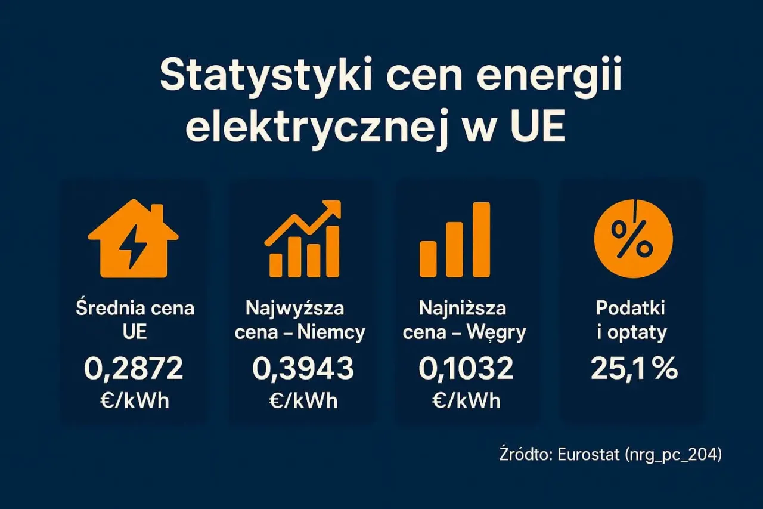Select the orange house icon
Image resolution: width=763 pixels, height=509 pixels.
pyautogui.click(x=133, y=241)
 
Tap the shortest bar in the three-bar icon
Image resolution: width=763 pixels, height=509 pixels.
pyautogui.click(x=428, y=258)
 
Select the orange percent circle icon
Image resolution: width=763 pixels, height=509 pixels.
pyautogui.click(x=633, y=239)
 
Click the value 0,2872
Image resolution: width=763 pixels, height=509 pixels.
pyautogui.click(x=134, y=369)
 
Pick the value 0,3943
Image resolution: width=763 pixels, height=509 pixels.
pyautogui.click(x=303, y=369)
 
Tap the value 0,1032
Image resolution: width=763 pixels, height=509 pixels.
pyautogui.click(x=466, y=369)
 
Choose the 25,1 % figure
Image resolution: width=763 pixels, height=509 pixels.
pyautogui.click(x=634, y=369)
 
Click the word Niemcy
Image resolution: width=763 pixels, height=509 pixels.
pyautogui.click(x=335, y=332)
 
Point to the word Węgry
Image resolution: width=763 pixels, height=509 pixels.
pyautogui.click(x=498, y=333)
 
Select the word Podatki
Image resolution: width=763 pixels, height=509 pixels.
pyautogui.click(x=630, y=309)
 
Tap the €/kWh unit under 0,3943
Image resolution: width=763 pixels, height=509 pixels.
pyautogui.click(x=302, y=400)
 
